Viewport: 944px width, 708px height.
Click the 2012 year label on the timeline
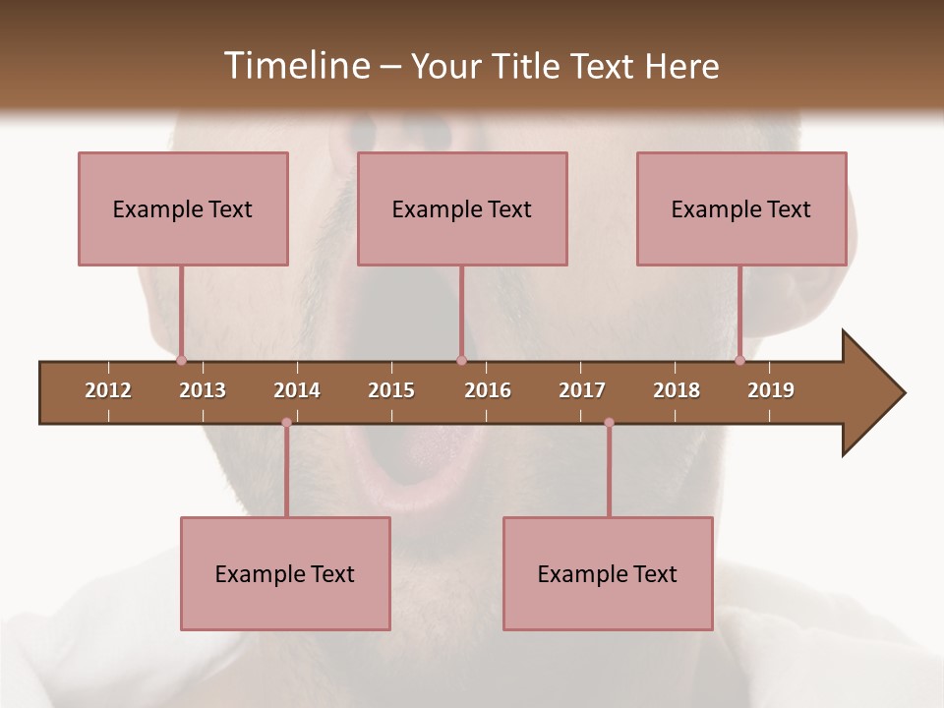click(x=108, y=390)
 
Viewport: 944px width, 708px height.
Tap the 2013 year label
click(x=203, y=390)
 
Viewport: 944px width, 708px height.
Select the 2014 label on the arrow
click(x=297, y=390)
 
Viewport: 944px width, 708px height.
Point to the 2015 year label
click(x=391, y=390)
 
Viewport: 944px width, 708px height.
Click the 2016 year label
click(x=488, y=390)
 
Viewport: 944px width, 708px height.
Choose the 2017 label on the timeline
click(x=582, y=390)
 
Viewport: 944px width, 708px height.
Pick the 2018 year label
click(x=677, y=390)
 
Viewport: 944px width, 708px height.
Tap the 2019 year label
click(x=771, y=390)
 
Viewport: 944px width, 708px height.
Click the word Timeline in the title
click(x=295, y=66)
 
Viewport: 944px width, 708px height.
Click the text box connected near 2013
click(x=183, y=208)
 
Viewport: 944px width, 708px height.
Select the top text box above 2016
click(x=462, y=208)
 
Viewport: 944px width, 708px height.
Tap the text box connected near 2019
click(x=741, y=208)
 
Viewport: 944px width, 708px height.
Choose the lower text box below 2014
click(x=285, y=573)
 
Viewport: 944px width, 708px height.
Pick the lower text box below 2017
click(x=608, y=573)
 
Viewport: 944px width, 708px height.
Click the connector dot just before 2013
click(x=181, y=360)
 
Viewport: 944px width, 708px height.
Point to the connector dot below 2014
click(x=286, y=423)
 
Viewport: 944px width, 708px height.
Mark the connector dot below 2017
click(x=609, y=423)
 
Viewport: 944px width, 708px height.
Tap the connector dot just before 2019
click(x=739, y=360)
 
